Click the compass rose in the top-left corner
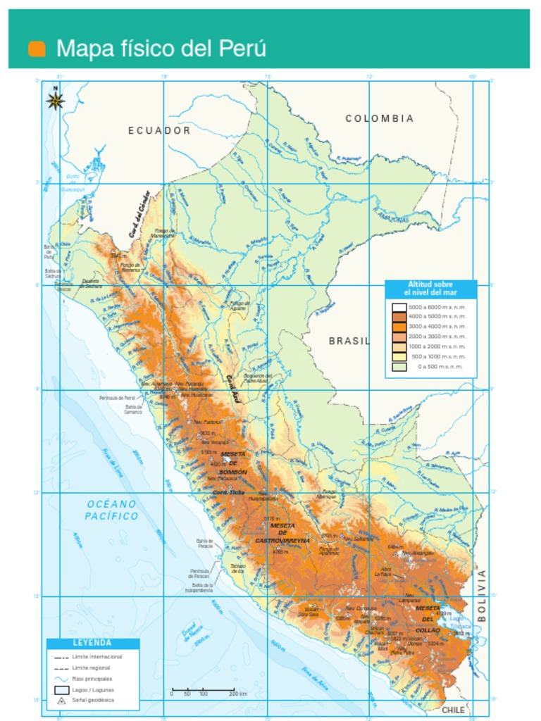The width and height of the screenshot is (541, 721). [56, 101]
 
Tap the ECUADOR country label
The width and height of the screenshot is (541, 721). [159, 131]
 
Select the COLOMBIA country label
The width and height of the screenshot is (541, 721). [380, 119]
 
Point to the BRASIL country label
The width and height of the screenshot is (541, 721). [349, 341]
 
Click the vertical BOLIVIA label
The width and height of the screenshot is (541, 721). [482, 595]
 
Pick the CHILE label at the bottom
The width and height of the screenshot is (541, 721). [453, 710]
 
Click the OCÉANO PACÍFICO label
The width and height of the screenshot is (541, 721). [111, 510]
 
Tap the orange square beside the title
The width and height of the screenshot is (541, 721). [37, 49]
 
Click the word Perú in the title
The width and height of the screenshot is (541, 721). [242, 49]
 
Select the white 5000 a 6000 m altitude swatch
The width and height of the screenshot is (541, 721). [399, 308]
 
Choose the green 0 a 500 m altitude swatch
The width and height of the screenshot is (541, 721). [399, 366]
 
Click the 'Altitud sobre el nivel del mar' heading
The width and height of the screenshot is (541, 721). [430, 288]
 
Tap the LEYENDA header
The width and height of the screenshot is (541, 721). [92, 643]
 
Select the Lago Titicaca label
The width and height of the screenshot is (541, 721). [461, 622]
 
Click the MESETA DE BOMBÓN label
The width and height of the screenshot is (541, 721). [233, 463]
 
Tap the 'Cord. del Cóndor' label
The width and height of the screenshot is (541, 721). [139, 213]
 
